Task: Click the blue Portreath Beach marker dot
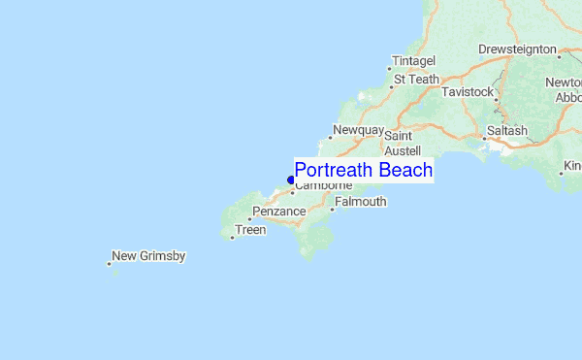tap(291, 180)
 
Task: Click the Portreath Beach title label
tap(363, 171)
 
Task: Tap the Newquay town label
tap(359, 130)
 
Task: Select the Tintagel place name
tap(414, 60)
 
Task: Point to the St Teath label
tap(416, 80)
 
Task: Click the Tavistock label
tap(468, 91)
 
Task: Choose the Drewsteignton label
tap(518, 49)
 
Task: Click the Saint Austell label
tap(403, 145)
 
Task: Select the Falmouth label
tap(361, 202)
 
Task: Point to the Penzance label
tap(279, 212)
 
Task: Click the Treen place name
tap(250, 230)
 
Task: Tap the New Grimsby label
tap(148, 256)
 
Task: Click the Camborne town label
tap(323, 185)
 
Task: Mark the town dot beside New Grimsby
tap(109, 262)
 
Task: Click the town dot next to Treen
tap(233, 237)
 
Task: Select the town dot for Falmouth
tap(332, 209)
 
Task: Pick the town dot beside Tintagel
tap(390, 69)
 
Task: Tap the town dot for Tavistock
tap(495, 99)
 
